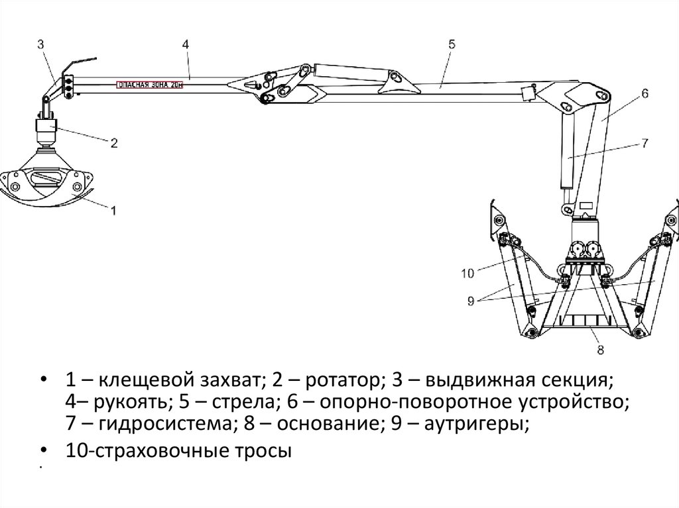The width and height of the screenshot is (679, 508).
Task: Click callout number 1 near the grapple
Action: [x=113, y=211]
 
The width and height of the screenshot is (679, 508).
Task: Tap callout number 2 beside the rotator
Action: [x=114, y=142]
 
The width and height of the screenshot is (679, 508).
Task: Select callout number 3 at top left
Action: [x=40, y=45]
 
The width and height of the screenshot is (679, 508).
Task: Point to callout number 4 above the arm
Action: [x=186, y=44]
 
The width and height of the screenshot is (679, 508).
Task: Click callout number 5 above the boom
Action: [x=452, y=44]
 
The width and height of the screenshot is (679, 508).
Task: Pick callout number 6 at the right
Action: [x=644, y=94]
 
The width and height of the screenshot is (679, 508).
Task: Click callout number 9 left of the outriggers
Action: [x=470, y=300]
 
